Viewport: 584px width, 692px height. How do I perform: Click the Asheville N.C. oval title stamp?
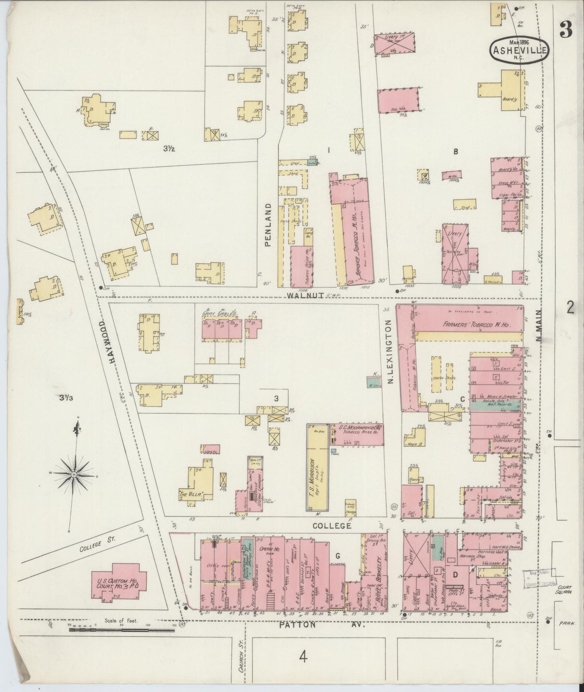point(519,49)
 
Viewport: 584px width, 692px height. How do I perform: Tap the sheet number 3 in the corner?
point(566,29)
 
